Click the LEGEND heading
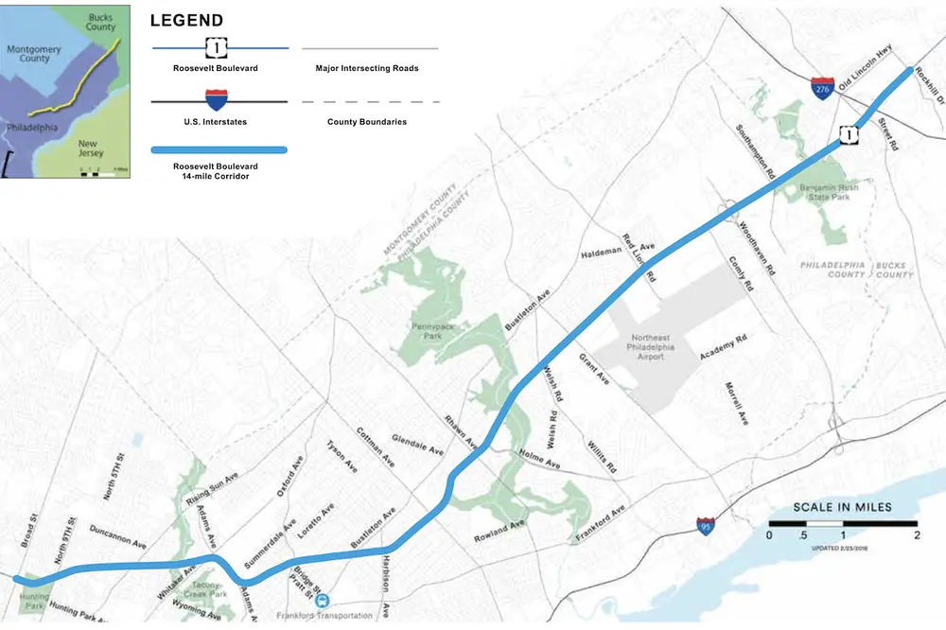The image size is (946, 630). coord(186,20)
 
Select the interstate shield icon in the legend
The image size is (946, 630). coord(218,100)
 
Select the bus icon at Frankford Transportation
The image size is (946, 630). coord(324,601)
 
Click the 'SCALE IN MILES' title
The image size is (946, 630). coord(842,507)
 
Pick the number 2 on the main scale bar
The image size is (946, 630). coord(916,536)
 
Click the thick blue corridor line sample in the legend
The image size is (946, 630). coord(218,149)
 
